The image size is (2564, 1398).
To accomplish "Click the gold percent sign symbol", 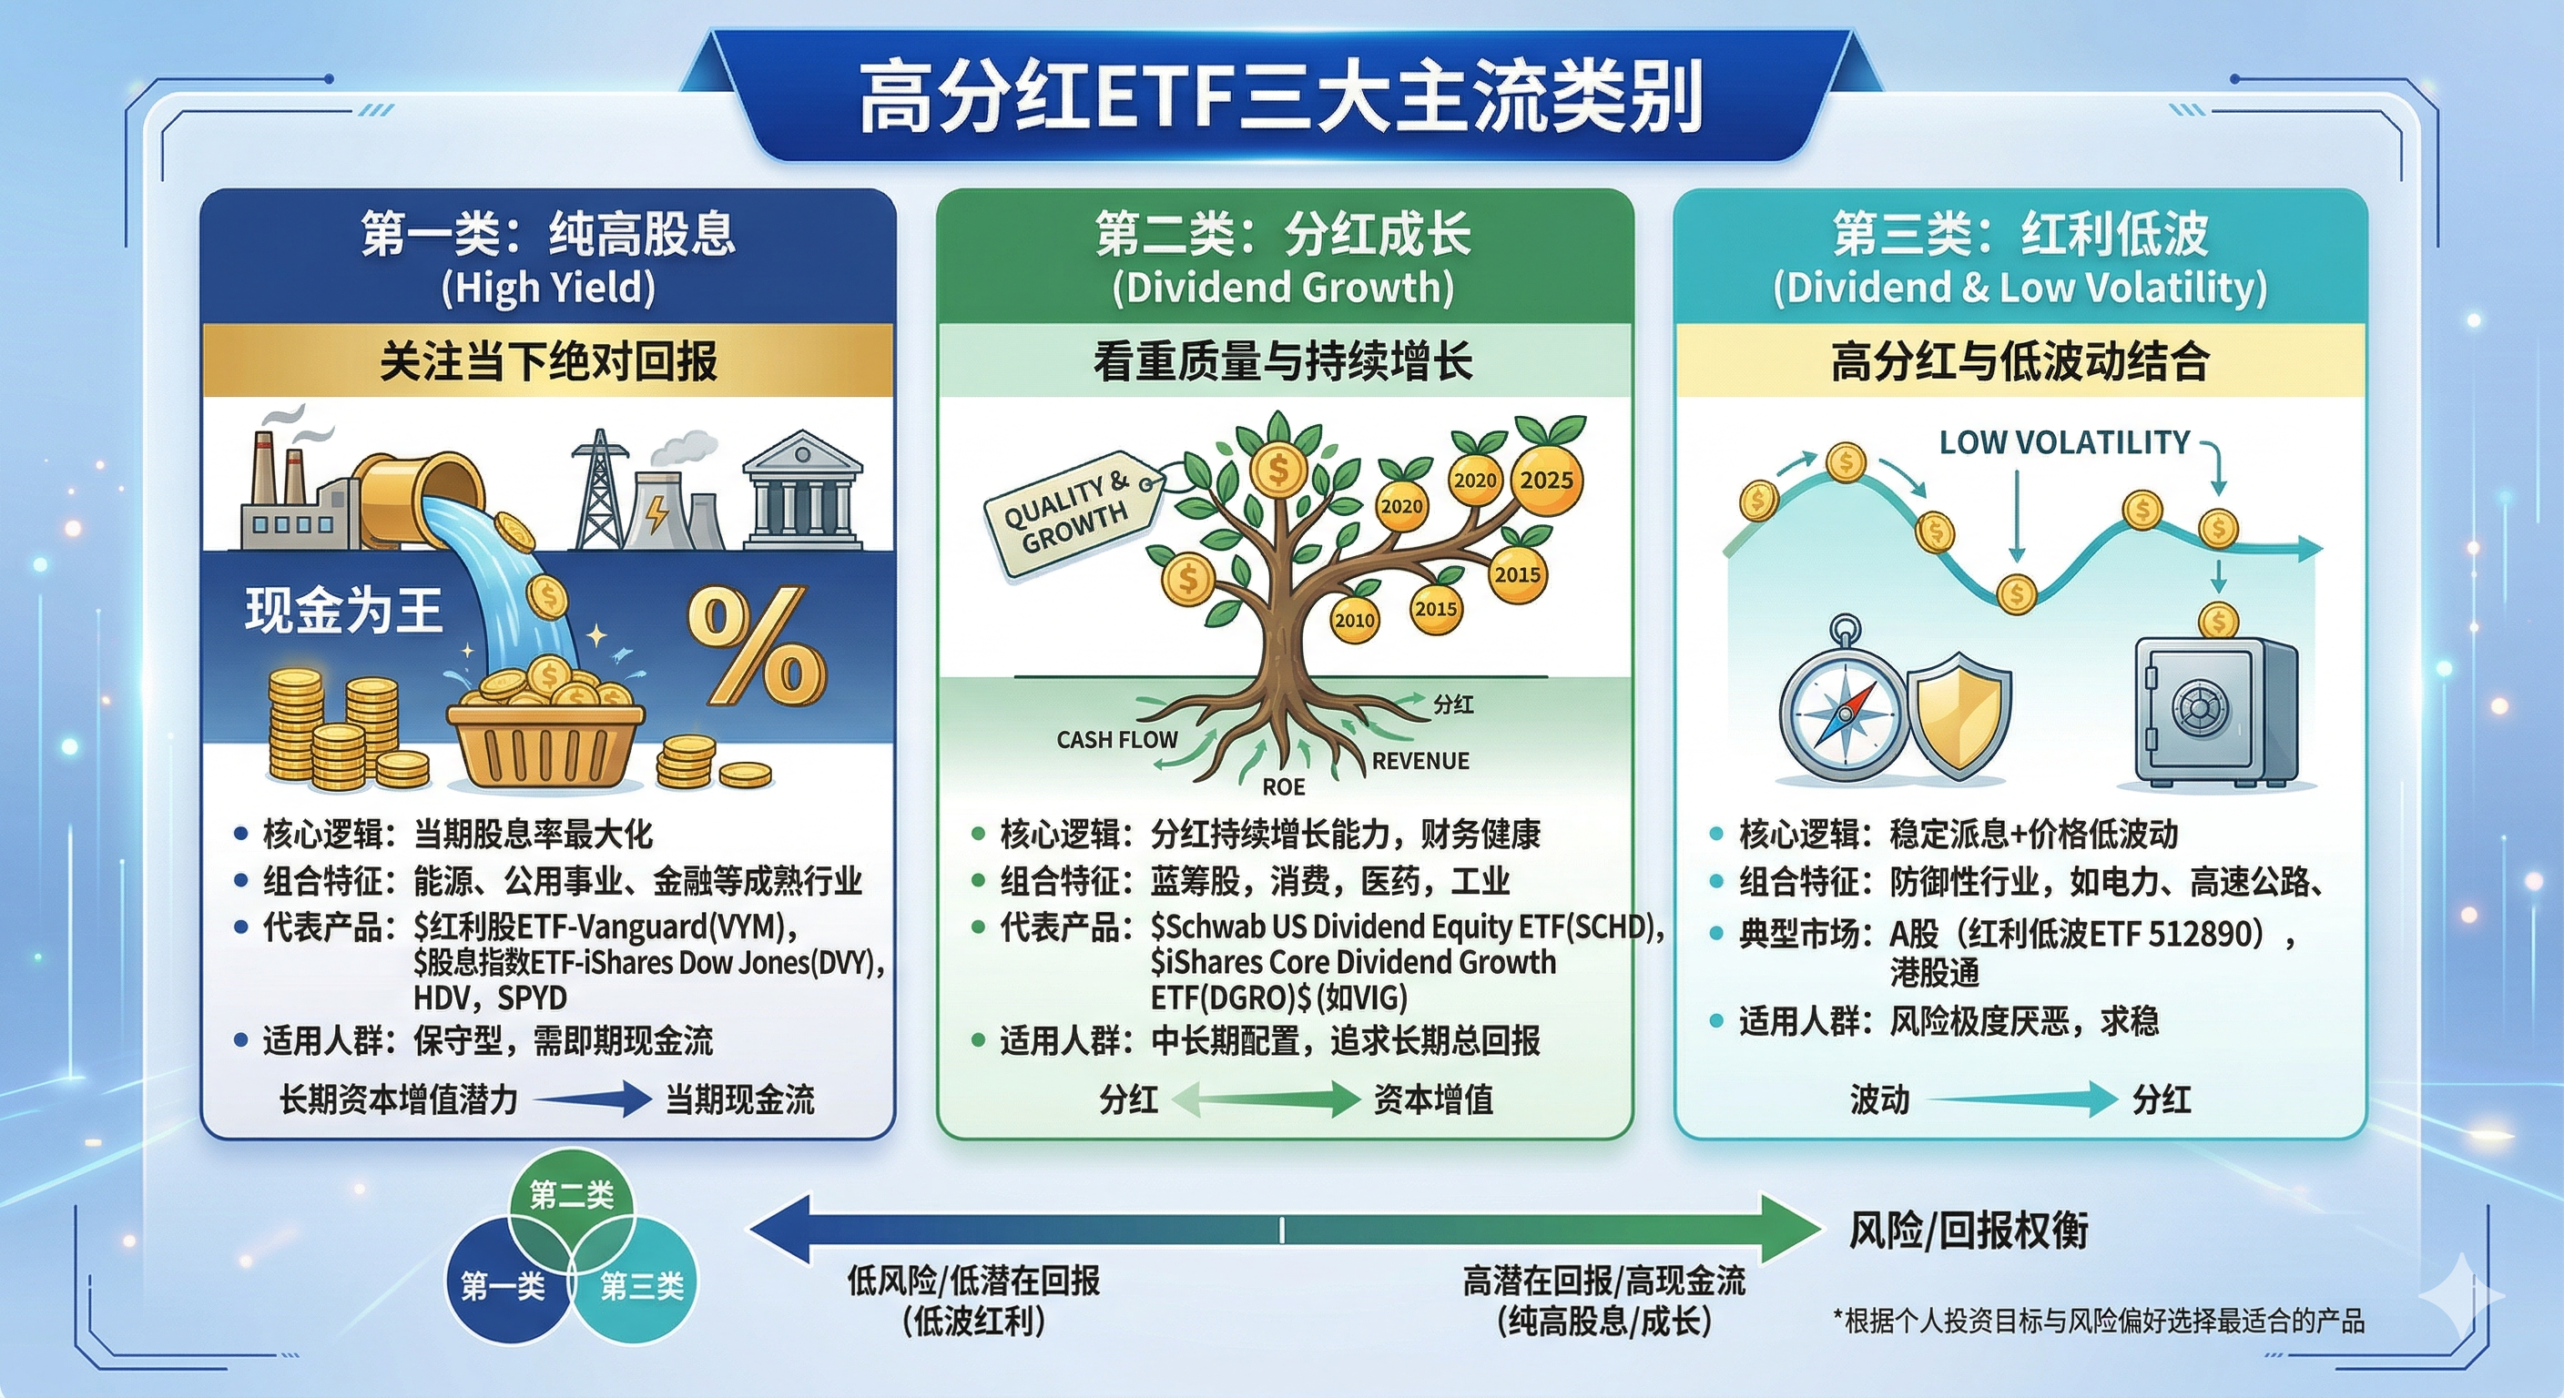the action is (x=757, y=644).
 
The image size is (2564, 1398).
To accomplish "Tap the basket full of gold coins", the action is (x=545, y=729).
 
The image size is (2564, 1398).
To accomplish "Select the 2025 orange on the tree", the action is (x=1547, y=481).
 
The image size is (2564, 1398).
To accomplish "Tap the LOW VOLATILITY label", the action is (x=2064, y=442).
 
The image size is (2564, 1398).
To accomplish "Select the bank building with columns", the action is (x=802, y=489).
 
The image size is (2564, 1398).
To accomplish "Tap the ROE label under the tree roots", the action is (x=1283, y=787).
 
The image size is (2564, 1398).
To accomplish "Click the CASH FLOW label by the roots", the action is (x=1117, y=739).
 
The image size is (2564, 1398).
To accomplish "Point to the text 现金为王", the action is (x=343, y=610).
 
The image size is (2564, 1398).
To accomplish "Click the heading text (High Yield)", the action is (x=548, y=288).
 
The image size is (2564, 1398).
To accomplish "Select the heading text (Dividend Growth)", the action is (x=1283, y=288).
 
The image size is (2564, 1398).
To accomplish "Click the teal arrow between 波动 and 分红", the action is (x=2020, y=1099).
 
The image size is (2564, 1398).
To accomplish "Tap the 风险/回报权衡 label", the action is (x=1969, y=1231).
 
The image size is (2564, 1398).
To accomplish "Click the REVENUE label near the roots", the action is (x=1420, y=761).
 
